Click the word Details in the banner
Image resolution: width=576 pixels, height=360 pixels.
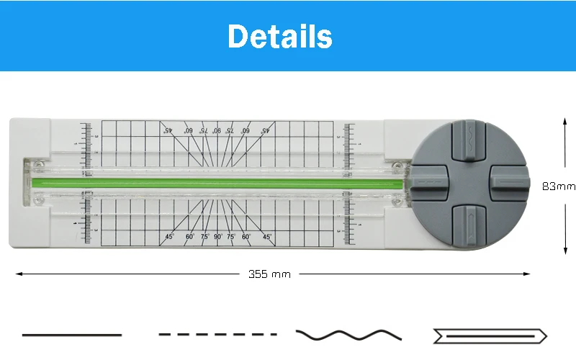click(x=280, y=36)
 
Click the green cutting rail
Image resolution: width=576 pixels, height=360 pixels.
click(x=216, y=180)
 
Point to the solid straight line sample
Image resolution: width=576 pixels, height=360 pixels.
click(x=72, y=335)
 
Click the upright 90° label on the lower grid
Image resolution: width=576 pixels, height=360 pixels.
click(x=217, y=236)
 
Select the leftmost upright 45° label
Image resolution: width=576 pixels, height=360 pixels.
click(x=169, y=236)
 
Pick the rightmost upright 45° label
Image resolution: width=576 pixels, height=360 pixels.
click(x=266, y=236)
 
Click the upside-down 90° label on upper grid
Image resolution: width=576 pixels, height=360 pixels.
click(x=217, y=130)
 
